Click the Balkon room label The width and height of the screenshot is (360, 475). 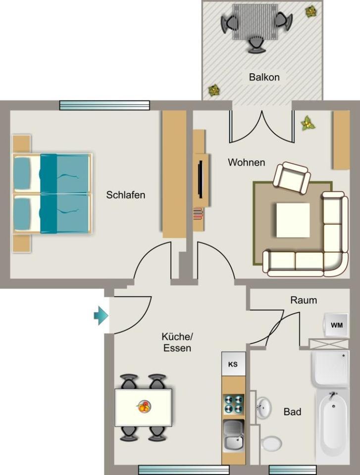pos(264,77)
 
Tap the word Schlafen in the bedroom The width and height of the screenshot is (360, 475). pos(126,195)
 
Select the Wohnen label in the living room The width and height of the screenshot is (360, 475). pos(246,162)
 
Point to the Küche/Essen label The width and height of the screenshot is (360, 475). pos(177,342)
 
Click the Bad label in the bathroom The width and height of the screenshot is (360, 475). pos(292,412)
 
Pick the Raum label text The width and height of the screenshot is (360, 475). pos(304,300)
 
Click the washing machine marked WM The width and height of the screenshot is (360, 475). pos(337,325)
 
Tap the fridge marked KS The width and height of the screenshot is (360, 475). pos(233,364)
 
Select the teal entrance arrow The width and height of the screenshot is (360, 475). pos(101,315)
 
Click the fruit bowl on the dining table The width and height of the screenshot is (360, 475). pos(144,407)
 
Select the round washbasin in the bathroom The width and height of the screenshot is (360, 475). pos(263,409)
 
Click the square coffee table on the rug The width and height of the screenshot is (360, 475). pos(293,220)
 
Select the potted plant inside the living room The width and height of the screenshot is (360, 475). pos(308,123)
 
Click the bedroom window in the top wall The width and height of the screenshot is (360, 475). pos(104,105)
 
